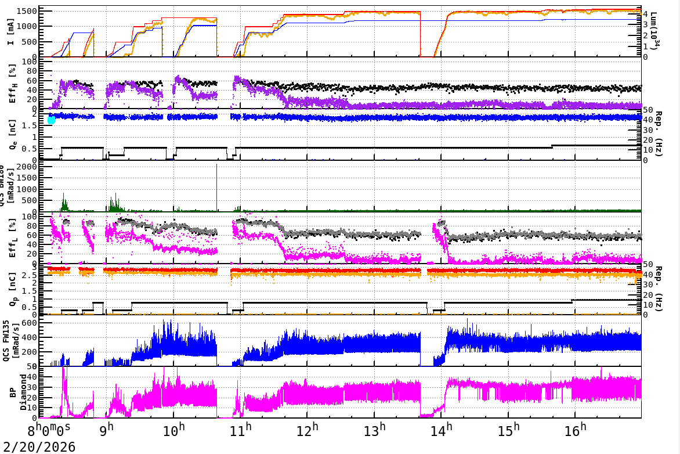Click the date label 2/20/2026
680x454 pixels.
coord(38,447)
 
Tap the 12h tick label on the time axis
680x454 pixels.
coord(308,431)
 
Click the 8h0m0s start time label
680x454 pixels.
coord(50,431)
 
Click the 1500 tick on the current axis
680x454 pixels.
coord(30,12)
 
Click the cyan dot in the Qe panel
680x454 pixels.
coord(51,120)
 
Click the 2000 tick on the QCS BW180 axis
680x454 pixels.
coord(28,167)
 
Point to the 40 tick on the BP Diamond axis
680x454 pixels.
coord(34,376)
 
